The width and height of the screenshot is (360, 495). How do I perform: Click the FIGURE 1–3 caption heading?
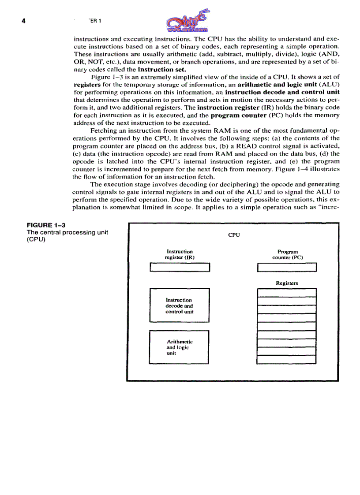coord(46,225)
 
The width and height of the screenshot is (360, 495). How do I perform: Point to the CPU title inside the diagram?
coord(233,235)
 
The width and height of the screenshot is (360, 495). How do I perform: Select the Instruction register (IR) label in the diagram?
coord(180,254)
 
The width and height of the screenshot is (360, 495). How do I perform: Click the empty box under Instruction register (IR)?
coord(180,268)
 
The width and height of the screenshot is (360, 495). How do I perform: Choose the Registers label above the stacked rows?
coord(287,283)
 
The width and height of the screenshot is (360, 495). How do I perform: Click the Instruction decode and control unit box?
coord(180,305)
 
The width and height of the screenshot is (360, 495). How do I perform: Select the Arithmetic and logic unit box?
coord(180,347)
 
